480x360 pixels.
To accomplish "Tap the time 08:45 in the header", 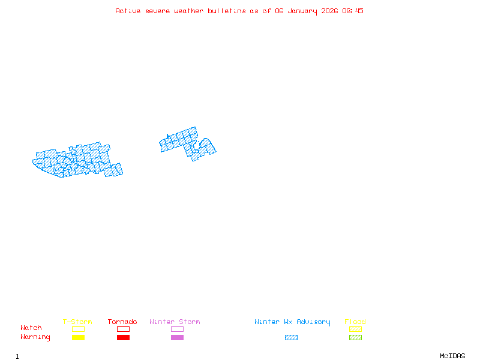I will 353,11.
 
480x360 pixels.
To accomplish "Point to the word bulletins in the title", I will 226,11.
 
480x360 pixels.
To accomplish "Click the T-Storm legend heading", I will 77,322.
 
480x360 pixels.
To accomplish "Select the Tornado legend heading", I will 122,322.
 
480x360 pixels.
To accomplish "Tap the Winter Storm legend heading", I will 175,322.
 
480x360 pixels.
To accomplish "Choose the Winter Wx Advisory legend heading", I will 292,322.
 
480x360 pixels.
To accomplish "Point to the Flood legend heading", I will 355,322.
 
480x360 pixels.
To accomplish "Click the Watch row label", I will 31,328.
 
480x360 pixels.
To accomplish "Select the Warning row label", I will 35,337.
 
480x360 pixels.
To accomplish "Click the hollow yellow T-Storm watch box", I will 78,329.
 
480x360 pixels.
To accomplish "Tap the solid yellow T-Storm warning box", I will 78,338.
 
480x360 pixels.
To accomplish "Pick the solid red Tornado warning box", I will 123,338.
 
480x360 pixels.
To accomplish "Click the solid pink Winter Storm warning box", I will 177,338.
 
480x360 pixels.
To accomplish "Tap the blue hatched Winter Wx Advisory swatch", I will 291,338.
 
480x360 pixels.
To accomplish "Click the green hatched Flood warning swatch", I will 355,338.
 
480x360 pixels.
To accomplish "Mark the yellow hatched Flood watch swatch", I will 355,329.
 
